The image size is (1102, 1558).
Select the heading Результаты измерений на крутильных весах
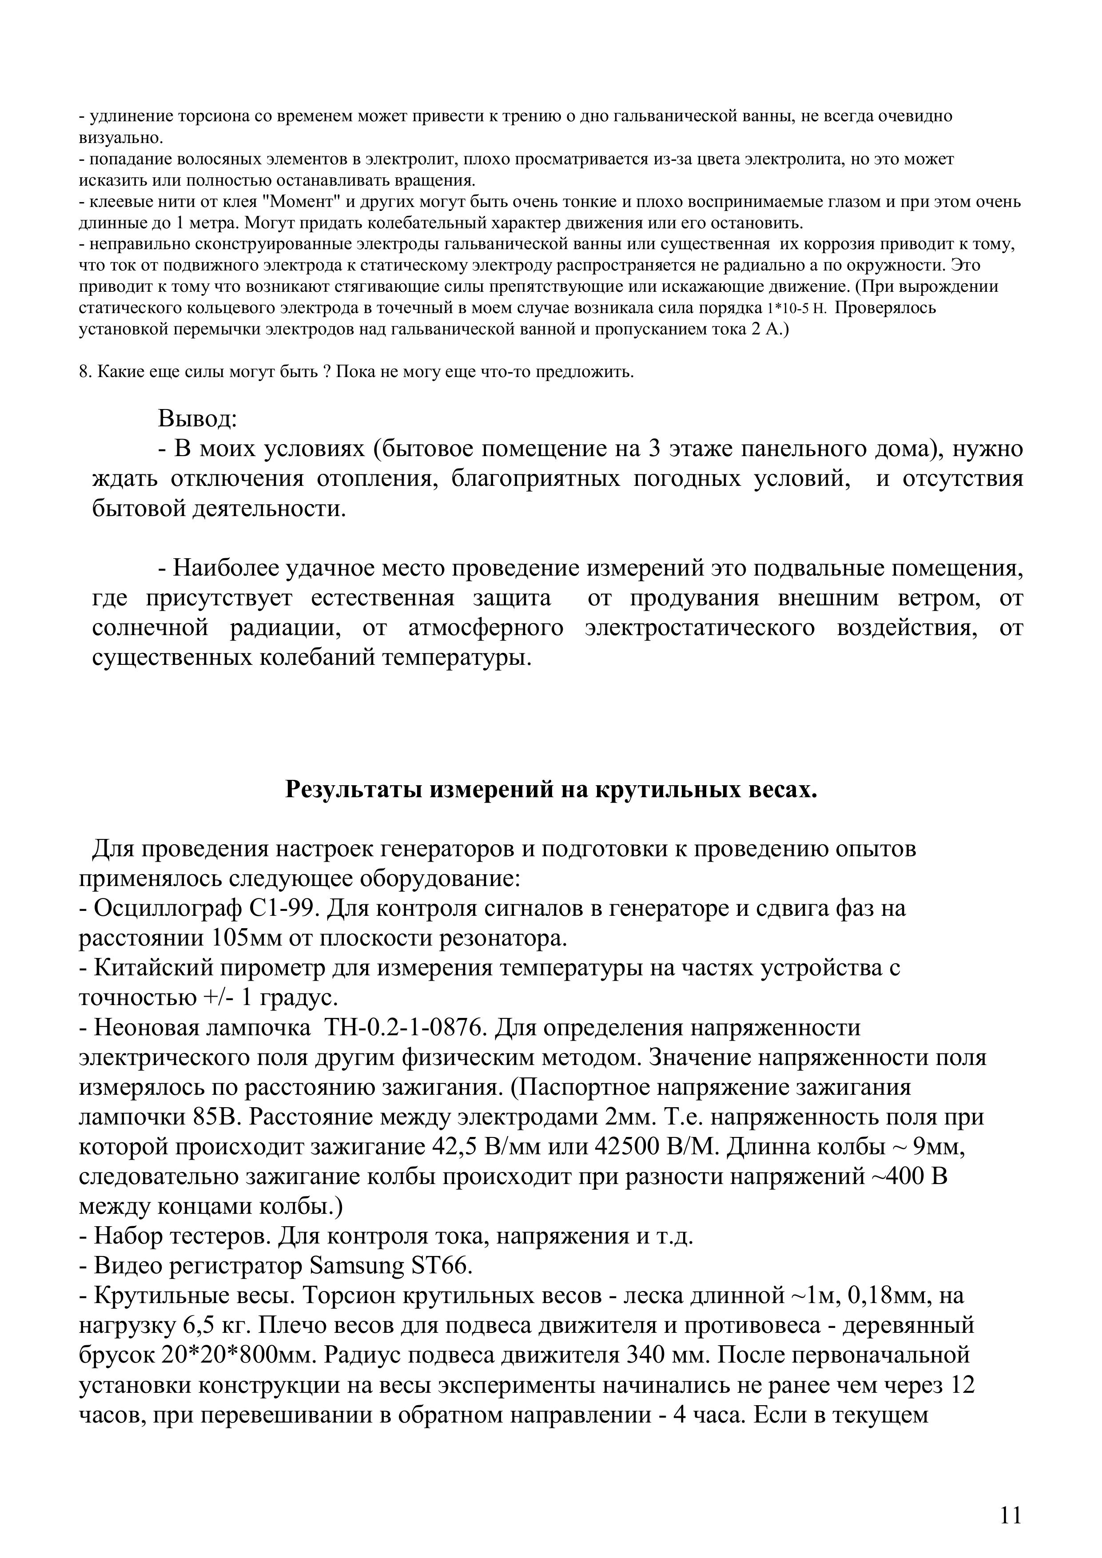tap(551, 790)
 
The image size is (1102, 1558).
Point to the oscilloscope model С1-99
tap(285, 908)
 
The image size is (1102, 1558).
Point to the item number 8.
tap(84, 373)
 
